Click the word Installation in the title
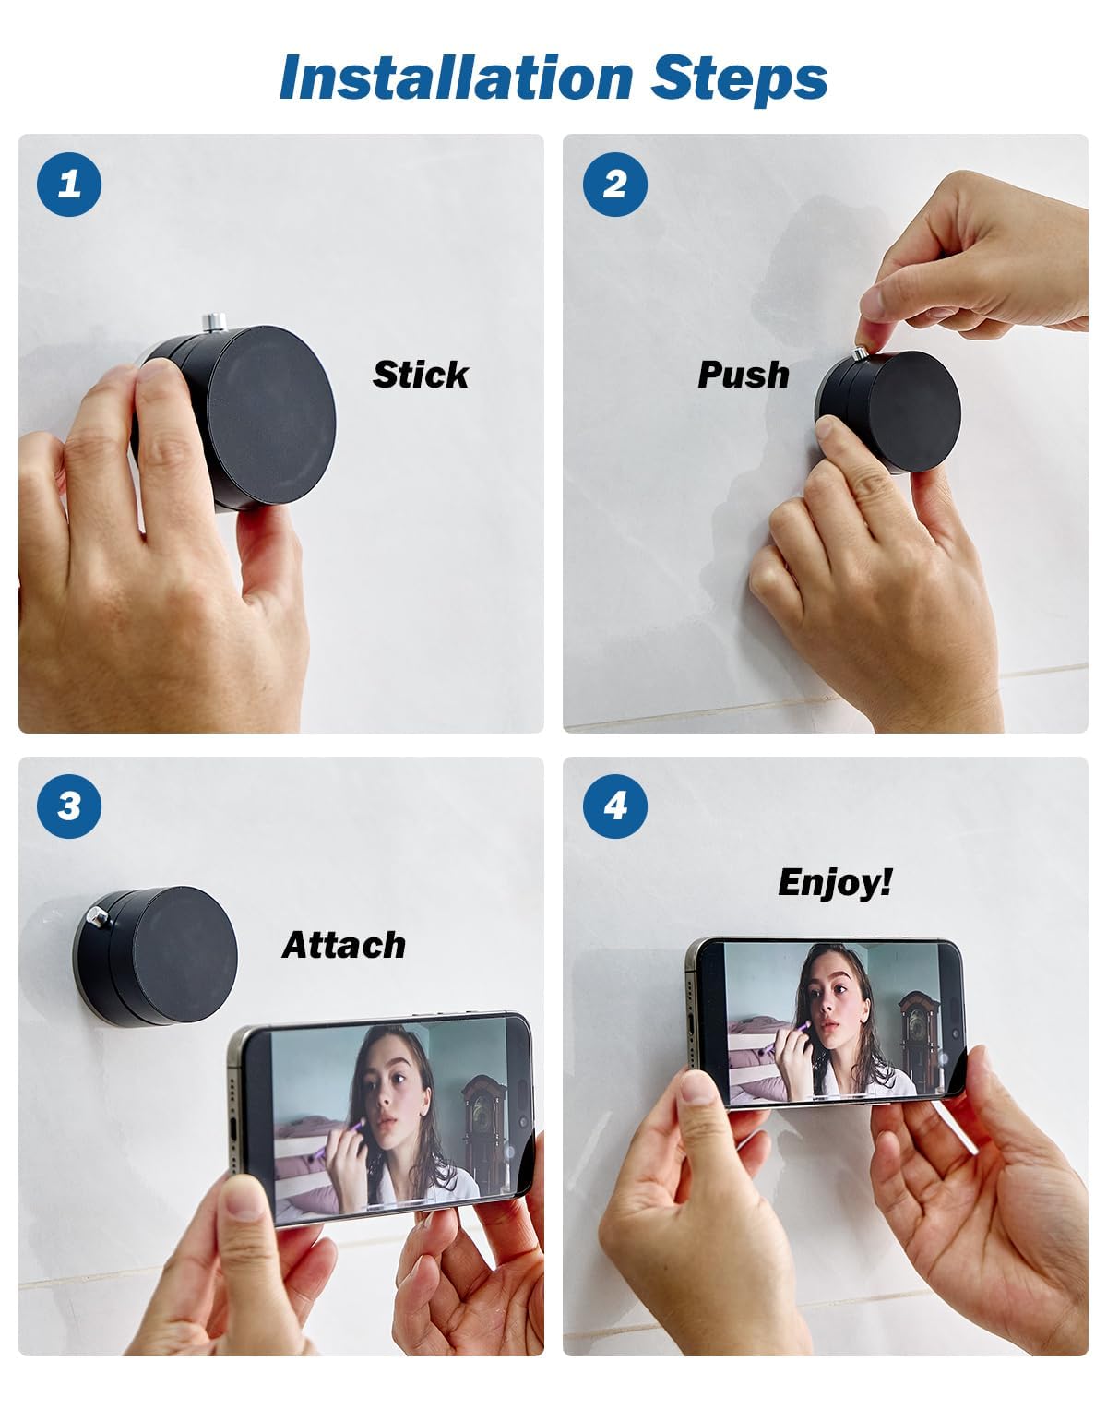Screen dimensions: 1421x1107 point(455,78)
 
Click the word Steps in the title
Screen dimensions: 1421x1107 point(739,78)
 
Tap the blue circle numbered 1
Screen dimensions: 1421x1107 point(69,185)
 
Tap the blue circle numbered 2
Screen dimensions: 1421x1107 point(615,185)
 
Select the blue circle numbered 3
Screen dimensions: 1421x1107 point(69,806)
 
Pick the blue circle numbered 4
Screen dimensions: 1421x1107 point(615,806)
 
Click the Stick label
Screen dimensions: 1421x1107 point(421,375)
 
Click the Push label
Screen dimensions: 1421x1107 point(744,375)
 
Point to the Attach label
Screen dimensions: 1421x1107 point(343,945)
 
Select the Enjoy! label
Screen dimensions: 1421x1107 point(835,882)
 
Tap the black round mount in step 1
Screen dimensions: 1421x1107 point(268,415)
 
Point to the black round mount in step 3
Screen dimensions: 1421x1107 point(175,955)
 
